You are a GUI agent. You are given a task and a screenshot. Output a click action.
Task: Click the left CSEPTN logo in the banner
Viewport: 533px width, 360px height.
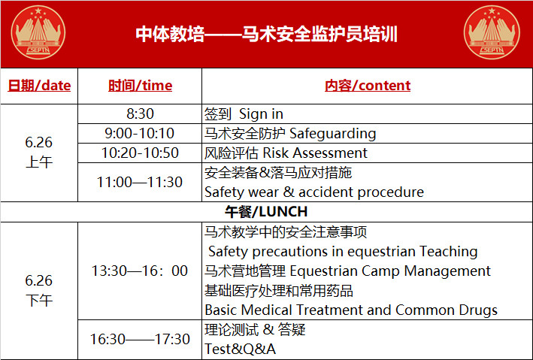(38, 32)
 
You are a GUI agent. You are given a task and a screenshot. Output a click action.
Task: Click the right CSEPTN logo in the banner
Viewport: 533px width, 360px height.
(492, 32)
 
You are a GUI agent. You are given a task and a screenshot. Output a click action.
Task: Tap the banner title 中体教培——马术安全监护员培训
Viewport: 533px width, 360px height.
(266, 34)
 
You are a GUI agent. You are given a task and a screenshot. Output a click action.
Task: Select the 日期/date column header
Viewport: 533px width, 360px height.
(39, 86)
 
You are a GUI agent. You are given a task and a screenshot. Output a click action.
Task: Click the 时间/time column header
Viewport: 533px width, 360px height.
(140, 86)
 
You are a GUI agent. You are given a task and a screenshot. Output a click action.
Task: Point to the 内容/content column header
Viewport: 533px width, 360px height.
(368, 86)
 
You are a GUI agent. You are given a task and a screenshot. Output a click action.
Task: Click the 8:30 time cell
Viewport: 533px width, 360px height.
(140, 113)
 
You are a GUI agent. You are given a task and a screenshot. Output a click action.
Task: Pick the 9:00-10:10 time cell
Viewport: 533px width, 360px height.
(140, 133)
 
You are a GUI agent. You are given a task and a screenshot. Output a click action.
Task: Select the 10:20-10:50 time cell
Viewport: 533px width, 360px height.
(140, 153)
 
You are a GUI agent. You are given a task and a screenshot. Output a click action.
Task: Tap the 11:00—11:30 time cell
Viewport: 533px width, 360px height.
(140, 182)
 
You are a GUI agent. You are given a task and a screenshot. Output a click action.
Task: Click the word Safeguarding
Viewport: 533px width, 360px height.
(333, 134)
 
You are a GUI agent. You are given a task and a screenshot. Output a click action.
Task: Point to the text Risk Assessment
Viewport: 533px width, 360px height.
(315, 153)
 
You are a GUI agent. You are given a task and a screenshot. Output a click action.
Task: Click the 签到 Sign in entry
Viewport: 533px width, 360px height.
(244, 114)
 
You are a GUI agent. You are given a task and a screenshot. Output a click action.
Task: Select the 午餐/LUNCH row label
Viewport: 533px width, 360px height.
(266, 212)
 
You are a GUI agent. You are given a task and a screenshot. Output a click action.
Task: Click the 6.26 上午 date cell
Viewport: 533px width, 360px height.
(39, 152)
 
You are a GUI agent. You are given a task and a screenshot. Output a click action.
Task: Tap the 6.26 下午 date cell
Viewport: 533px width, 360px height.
(39, 291)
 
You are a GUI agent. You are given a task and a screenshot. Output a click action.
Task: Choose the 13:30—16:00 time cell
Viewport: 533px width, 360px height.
(140, 271)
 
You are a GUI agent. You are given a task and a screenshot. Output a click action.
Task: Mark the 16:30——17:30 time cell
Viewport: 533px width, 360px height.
(140, 339)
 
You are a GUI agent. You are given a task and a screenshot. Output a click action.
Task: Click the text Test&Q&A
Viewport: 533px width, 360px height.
(240, 349)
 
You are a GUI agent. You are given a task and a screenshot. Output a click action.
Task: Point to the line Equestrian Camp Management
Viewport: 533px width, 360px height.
(390, 271)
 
